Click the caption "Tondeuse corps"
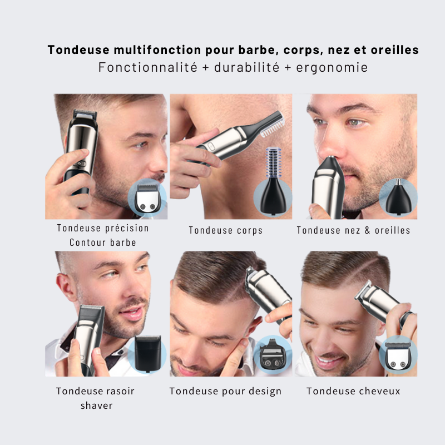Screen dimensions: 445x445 pos(225,230)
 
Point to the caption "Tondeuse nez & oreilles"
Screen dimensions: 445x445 pos(353,230)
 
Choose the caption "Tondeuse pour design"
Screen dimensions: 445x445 pos(225,391)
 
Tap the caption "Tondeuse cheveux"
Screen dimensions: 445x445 pos(353,391)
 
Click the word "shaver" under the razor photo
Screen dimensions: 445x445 pos(96,406)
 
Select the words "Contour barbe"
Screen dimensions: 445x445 pos(103,243)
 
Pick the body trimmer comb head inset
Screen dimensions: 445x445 pos(273,186)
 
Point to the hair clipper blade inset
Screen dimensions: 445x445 pos(398,356)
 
